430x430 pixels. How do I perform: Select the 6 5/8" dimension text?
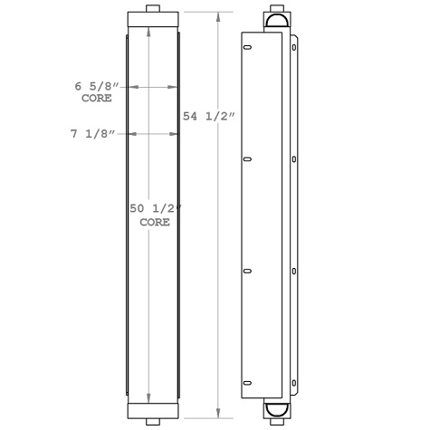96,87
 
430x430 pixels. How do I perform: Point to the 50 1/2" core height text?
156,209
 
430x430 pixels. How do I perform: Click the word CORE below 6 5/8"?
97,99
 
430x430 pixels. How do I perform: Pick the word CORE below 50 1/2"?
155,222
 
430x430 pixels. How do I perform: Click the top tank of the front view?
153,19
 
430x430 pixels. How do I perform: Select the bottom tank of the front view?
153,409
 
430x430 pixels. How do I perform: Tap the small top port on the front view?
153,9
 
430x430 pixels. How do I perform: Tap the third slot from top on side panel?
246,270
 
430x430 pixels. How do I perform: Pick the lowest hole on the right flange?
294,380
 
